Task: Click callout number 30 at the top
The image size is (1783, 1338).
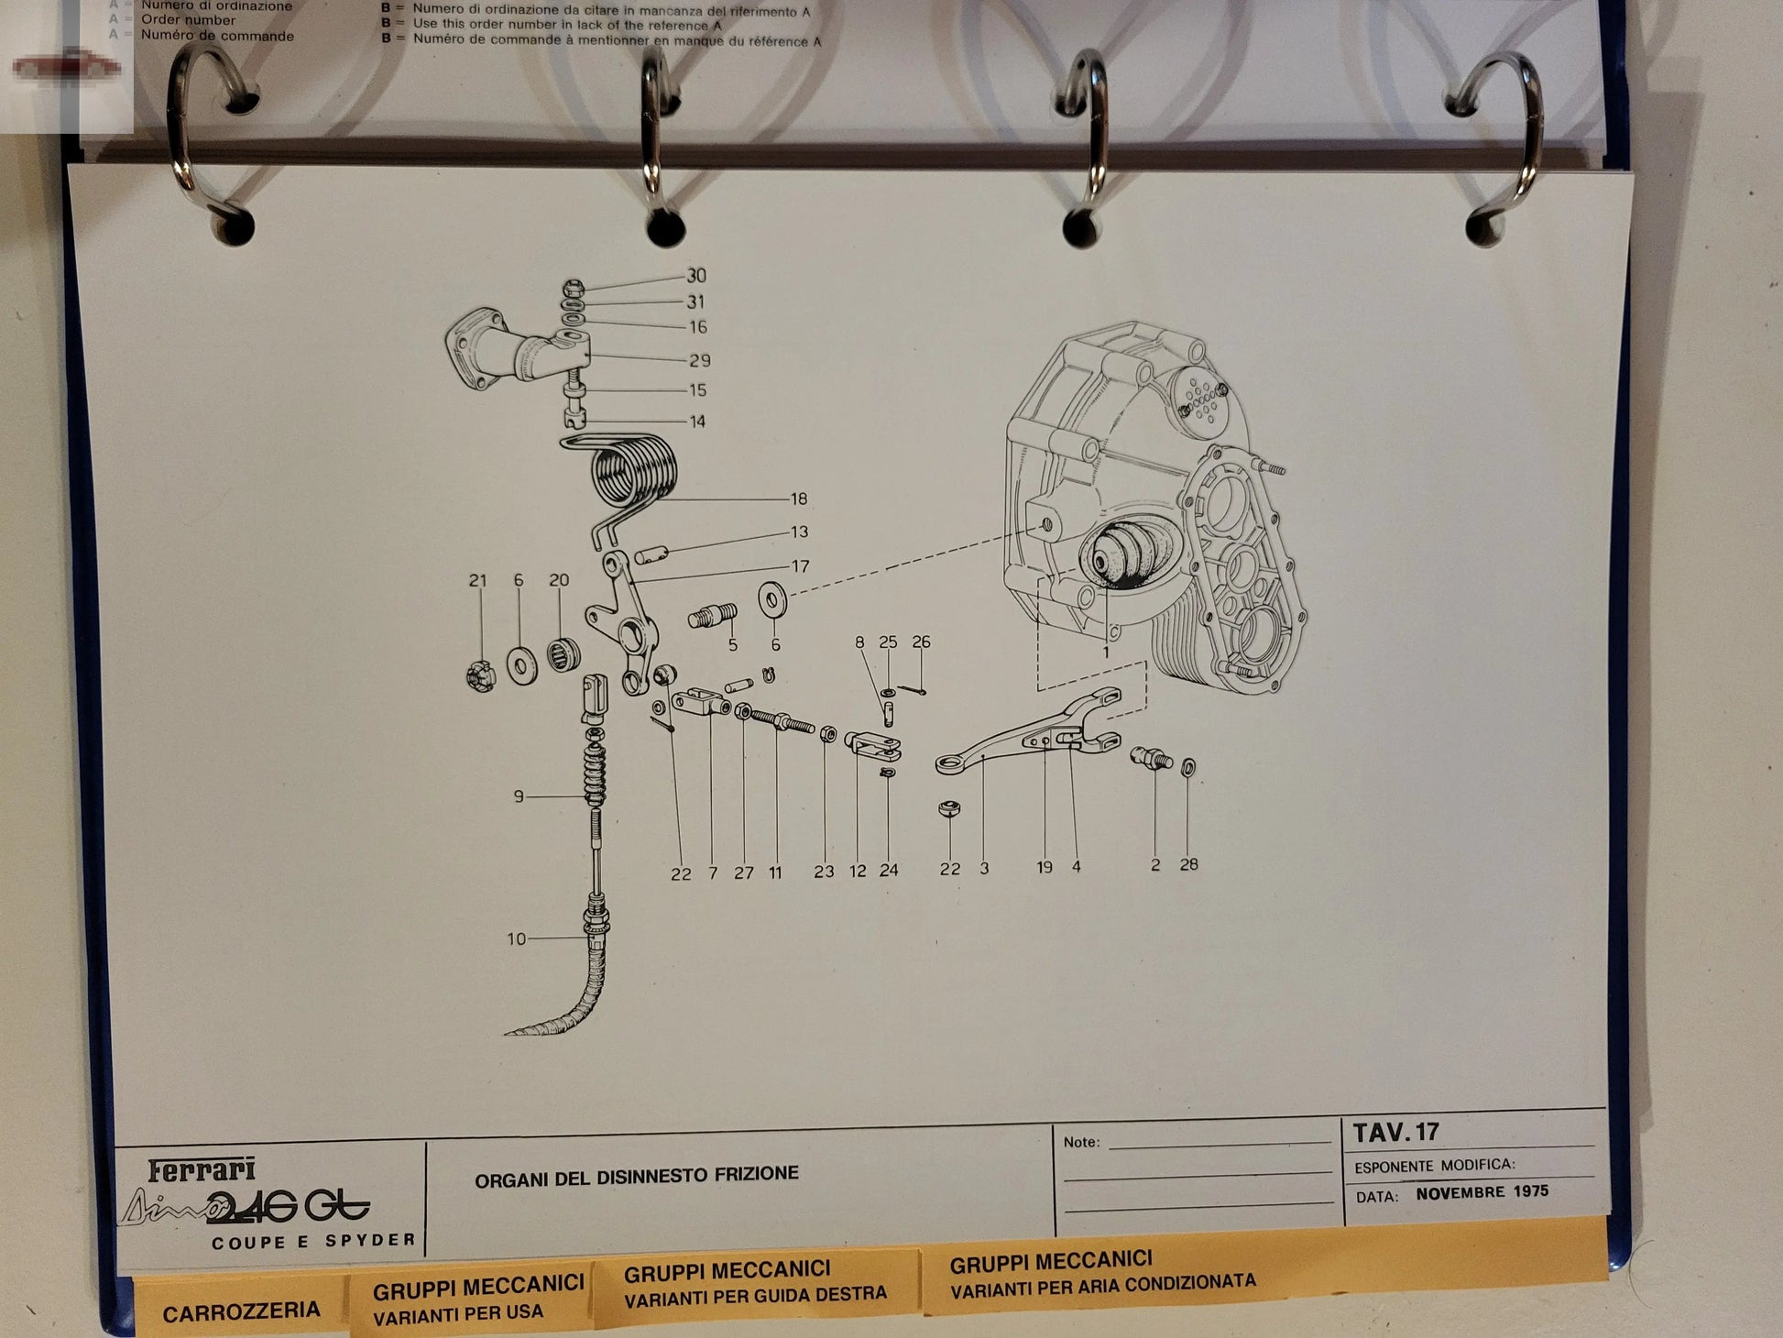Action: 696,276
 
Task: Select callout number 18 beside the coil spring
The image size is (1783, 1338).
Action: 799,499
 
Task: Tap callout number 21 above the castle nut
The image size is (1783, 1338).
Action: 477,580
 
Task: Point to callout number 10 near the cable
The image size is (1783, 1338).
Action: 517,938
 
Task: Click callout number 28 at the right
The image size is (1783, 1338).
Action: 1188,864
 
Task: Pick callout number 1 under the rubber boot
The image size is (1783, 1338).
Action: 1106,652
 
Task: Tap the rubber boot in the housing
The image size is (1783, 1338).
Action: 1124,554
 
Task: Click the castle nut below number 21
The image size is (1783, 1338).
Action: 481,676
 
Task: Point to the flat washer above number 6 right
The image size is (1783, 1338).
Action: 773,600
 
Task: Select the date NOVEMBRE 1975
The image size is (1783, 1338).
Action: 1482,1192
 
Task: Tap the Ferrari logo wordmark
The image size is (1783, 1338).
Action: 202,1169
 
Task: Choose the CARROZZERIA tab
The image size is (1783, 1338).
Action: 241,1311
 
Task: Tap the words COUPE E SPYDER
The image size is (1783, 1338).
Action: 313,1242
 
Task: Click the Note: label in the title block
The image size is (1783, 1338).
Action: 1081,1142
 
